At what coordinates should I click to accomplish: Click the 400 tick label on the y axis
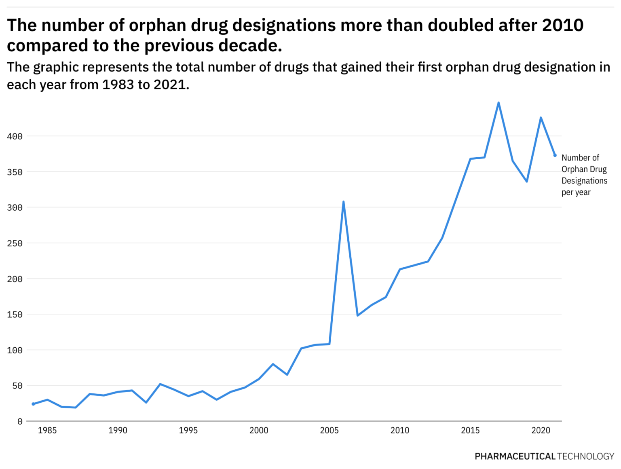coord(15,137)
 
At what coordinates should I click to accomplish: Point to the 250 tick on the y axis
coord(15,243)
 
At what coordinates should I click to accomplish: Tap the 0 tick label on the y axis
coord(20,422)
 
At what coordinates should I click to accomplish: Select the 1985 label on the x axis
coord(47,431)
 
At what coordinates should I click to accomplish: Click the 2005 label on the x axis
coord(329,431)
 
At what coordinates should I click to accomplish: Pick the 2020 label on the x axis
coord(541,431)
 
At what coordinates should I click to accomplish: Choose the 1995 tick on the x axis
coord(188,431)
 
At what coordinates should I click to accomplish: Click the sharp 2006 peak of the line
coord(343,202)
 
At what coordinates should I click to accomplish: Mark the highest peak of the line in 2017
coord(498,103)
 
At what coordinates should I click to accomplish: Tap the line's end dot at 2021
coord(555,155)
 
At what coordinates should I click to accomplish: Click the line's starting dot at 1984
coord(33,404)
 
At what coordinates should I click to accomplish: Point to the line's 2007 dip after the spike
coord(357,315)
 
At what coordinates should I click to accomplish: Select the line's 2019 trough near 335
coord(526,182)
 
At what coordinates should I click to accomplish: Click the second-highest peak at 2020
coord(541,118)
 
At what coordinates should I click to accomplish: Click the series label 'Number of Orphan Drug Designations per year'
coord(584,175)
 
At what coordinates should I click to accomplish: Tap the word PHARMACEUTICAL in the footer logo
coord(515,456)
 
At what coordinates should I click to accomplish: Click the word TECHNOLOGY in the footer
coord(585,456)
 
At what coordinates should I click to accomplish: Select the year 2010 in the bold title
coord(562,25)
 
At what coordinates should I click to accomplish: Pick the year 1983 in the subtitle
coord(118,85)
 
